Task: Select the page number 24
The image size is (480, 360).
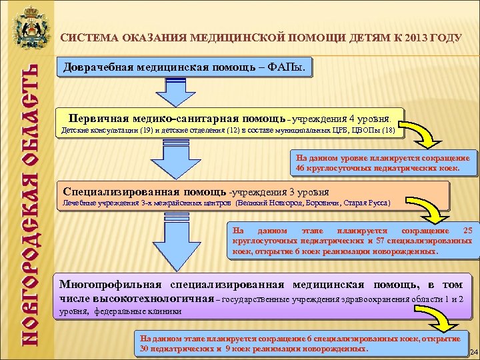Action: tap(474, 352)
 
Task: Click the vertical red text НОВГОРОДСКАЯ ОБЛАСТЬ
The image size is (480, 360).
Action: tap(27, 200)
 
